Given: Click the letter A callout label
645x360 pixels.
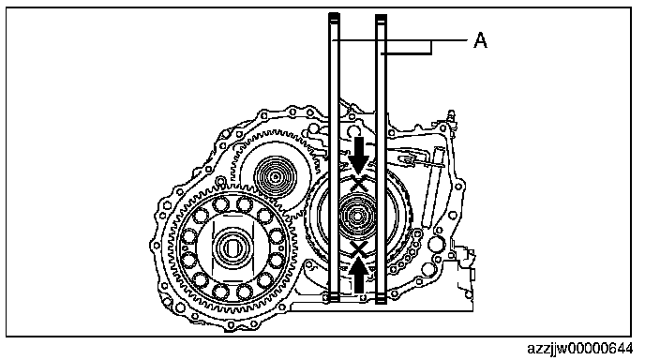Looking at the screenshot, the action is (480, 40).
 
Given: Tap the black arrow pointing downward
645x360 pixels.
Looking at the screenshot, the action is (359, 155).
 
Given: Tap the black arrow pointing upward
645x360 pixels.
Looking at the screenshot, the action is (359, 275).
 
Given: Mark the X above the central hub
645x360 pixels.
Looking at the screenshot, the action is (359, 183).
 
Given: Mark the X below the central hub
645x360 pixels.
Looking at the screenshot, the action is (359, 249).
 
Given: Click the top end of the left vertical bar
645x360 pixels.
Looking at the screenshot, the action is (334, 15).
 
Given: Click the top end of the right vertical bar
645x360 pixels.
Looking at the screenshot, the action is (382, 16).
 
